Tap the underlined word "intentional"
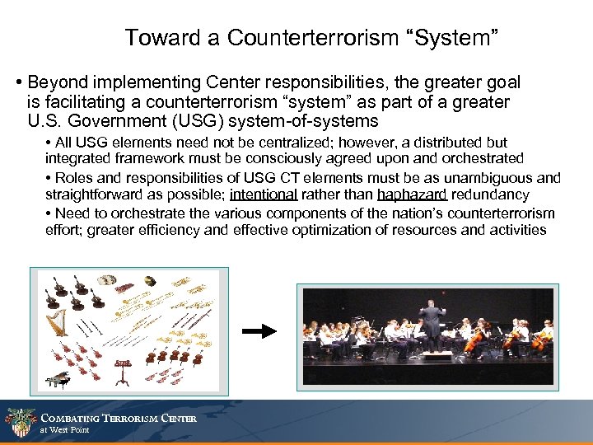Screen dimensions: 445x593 (264, 194)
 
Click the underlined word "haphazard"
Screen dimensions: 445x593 (412, 194)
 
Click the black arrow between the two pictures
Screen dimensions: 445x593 (261, 331)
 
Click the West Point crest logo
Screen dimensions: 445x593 (20, 422)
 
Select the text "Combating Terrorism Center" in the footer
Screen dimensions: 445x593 (119, 418)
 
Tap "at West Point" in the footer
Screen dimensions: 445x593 (65, 430)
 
